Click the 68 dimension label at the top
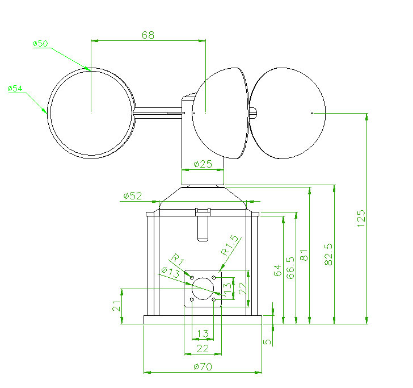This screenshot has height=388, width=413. (x=147, y=35)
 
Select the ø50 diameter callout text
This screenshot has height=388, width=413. (x=41, y=44)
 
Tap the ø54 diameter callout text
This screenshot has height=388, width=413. (x=15, y=89)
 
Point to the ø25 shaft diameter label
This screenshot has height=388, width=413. (x=203, y=164)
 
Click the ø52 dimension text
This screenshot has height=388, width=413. (x=132, y=196)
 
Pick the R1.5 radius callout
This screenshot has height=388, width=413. (x=230, y=245)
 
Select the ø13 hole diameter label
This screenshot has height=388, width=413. (x=170, y=272)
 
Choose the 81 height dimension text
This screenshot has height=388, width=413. (x=304, y=255)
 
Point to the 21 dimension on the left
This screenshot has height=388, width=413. (x=116, y=307)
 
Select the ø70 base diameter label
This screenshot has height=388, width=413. (x=203, y=367)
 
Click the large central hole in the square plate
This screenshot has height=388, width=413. (x=202, y=288)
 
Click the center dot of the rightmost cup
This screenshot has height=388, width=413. (x=312, y=113)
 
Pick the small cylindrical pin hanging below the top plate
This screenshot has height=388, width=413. (x=203, y=227)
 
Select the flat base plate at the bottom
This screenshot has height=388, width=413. (x=203, y=320)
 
